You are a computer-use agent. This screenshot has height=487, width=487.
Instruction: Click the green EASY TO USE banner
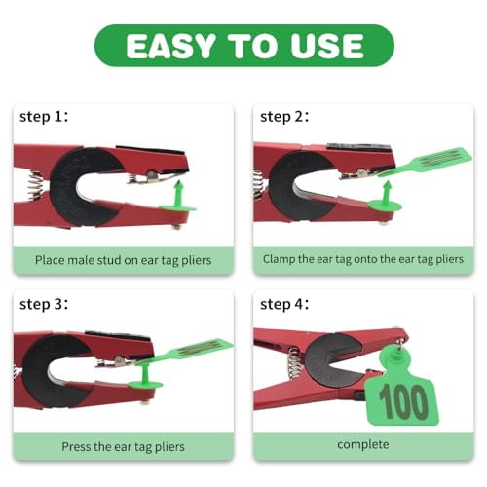[243, 46]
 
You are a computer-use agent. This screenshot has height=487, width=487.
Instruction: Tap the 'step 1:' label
[44, 117]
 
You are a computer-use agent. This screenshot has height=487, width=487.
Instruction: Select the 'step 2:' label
[283, 117]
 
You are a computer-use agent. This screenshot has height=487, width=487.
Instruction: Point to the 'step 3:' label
[44, 305]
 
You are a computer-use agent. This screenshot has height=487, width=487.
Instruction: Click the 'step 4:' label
[283, 305]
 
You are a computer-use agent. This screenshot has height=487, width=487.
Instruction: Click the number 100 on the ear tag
[402, 401]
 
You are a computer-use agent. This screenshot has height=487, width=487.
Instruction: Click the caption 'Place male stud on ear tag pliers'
[123, 260]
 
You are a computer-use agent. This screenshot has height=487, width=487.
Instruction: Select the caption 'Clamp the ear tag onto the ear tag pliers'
[362, 260]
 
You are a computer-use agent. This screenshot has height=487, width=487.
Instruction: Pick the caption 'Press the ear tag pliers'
[123, 447]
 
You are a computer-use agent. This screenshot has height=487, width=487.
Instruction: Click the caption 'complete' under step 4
[362, 445]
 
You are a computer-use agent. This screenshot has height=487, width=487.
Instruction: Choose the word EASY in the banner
[172, 46]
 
